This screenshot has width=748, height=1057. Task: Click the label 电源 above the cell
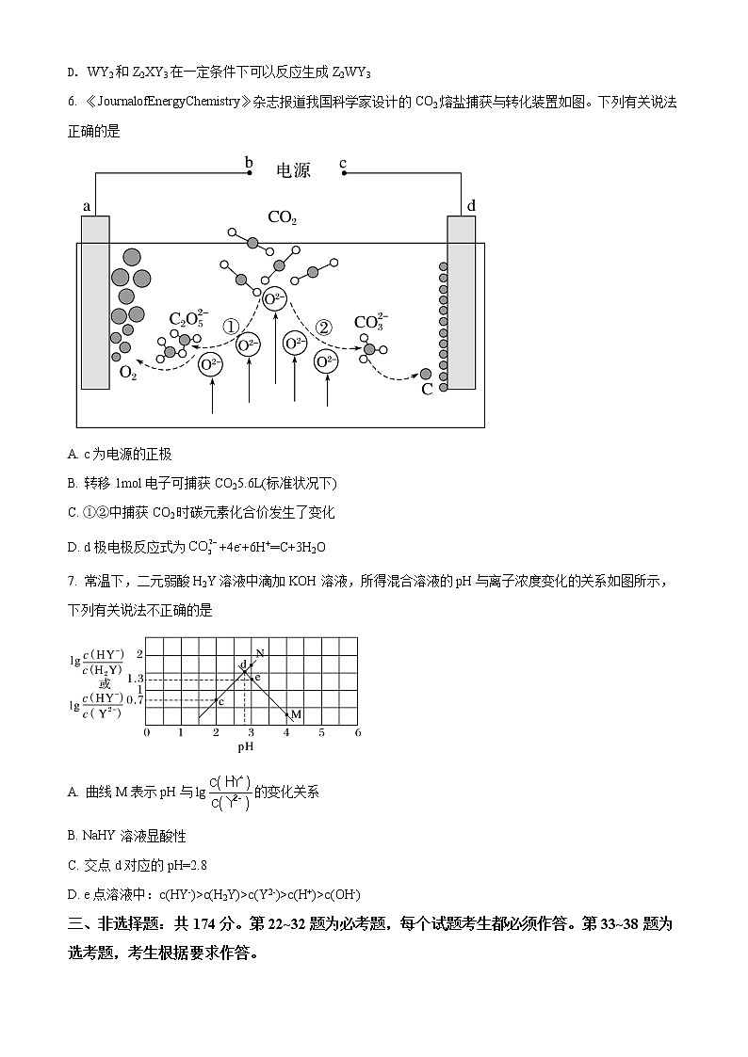[x=293, y=170]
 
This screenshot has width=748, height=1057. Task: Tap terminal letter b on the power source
[x=249, y=163]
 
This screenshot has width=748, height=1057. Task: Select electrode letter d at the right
[x=471, y=205]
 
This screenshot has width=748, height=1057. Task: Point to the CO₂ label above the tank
[x=283, y=218]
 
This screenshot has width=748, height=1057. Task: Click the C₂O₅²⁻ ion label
[x=188, y=318]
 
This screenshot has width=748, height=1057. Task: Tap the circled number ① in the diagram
[x=230, y=327]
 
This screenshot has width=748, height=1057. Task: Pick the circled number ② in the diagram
[x=323, y=327]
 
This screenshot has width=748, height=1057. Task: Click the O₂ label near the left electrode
[x=127, y=374]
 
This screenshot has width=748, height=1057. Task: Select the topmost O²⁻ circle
[x=274, y=299]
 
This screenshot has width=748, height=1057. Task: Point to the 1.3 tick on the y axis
[x=133, y=679]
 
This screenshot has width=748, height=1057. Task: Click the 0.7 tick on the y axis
[x=133, y=700]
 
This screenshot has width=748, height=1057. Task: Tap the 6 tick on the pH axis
[x=357, y=732]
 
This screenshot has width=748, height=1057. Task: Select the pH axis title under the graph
[x=246, y=747]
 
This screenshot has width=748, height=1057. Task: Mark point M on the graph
[x=295, y=715]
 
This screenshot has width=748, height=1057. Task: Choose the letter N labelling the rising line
[x=259, y=653]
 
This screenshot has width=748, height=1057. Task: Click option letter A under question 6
[x=73, y=454]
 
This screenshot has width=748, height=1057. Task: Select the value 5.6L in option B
[x=227, y=483]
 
